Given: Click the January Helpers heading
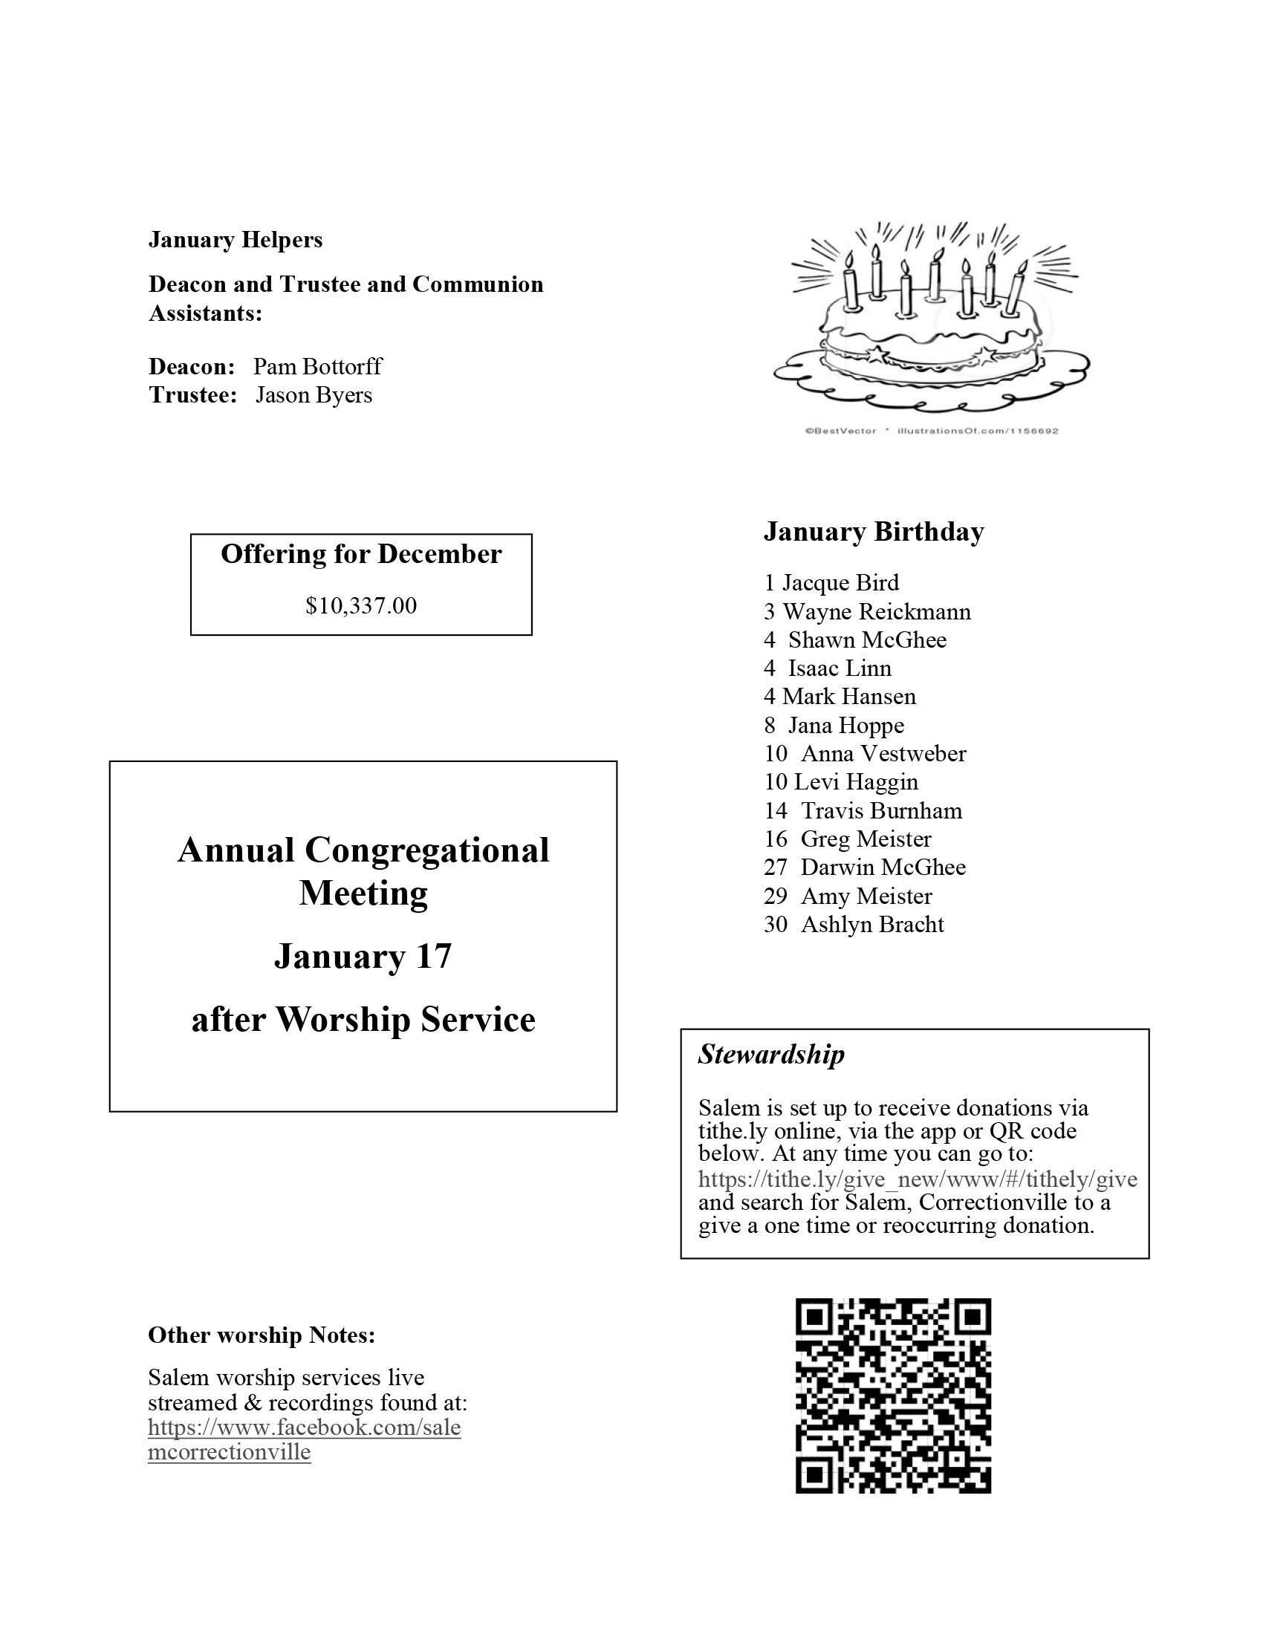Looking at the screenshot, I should (235, 239).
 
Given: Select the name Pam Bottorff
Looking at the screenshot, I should (317, 367).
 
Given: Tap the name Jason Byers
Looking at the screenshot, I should (314, 395).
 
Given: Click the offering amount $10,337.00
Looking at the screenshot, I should (360, 605).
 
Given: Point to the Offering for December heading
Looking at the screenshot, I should (360, 554).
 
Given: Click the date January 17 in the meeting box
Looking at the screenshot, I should (363, 956).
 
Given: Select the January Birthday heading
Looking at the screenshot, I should (873, 532).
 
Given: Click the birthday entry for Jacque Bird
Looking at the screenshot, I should (831, 583).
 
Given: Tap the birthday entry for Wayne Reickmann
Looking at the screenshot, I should (867, 612).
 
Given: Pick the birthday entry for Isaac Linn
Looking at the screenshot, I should (828, 668).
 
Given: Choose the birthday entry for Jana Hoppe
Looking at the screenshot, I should (834, 726).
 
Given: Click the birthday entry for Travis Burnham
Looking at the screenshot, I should (863, 811).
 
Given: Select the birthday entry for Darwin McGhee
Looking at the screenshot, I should (865, 868).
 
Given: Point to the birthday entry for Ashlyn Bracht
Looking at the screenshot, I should (854, 925).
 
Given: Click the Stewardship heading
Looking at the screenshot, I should (770, 1054).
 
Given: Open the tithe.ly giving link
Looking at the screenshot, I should (918, 1180).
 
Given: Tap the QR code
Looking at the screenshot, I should (892, 1396).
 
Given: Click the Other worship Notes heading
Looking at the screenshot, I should (261, 1335).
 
